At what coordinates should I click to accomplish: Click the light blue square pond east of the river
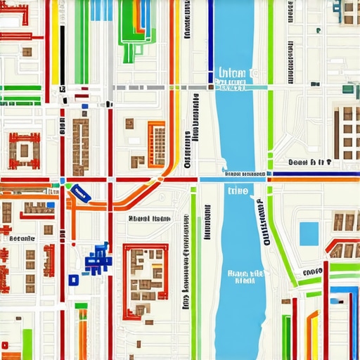point(309,233)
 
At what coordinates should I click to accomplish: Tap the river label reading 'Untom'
point(232,73)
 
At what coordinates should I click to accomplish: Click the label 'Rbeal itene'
point(149,218)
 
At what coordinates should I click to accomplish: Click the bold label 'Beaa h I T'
point(309,162)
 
